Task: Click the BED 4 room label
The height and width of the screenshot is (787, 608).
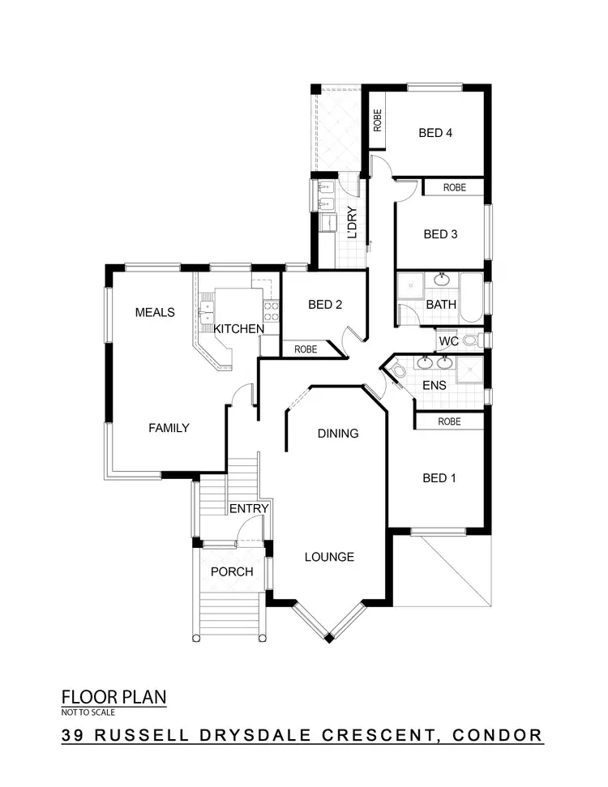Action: pos(435,133)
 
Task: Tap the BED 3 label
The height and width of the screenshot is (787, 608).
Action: pos(440,234)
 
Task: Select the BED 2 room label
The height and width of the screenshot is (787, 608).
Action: pos(325,305)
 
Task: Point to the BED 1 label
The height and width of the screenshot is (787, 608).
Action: pos(439,478)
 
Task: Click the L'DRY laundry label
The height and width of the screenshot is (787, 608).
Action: pos(353,222)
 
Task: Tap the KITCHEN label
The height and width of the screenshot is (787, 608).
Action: pos(238,328)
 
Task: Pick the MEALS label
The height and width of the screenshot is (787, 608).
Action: pos(155,312)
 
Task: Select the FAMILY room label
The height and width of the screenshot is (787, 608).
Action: pos(168,427)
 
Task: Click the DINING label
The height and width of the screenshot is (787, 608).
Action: pos(337,433)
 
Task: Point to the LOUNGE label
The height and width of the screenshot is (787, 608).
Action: pos(329,557)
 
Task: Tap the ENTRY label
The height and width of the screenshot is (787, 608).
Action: pos(249,508)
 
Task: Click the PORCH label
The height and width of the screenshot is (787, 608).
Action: pos(232,571)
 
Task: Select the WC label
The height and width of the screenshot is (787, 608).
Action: pos(449,342)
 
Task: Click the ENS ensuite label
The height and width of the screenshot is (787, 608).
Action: pos(435,386)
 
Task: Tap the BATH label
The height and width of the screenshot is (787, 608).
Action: pos(441,305)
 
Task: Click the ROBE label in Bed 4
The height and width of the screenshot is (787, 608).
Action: pos(377,120)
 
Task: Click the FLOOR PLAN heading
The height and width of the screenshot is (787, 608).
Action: pos(113,696)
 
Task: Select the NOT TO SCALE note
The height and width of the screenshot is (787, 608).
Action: pos(88,712)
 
